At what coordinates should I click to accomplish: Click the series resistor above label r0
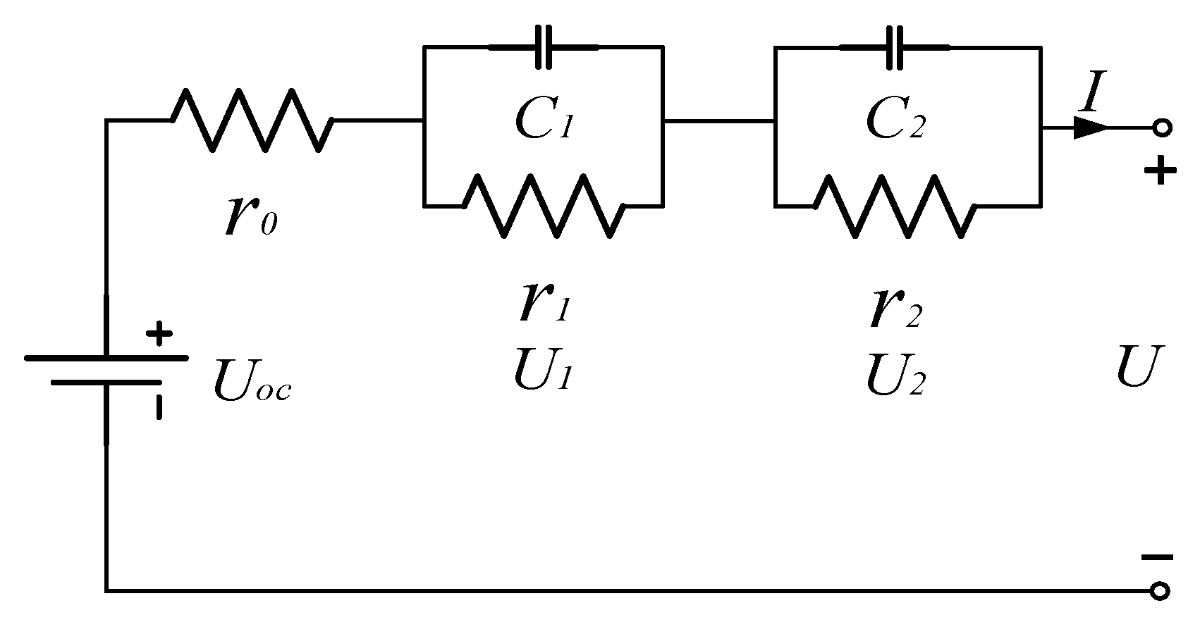252,120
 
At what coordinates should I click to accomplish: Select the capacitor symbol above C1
543,47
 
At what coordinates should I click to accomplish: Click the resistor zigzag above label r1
543,205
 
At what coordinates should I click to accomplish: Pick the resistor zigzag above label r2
894,205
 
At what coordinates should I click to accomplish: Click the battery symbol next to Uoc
106,371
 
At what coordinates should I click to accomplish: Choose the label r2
895,310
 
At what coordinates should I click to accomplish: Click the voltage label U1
542,372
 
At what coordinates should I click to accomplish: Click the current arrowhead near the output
1090,128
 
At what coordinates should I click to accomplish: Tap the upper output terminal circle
1161,128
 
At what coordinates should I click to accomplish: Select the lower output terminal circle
1160,590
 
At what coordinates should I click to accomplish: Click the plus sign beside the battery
159,334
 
